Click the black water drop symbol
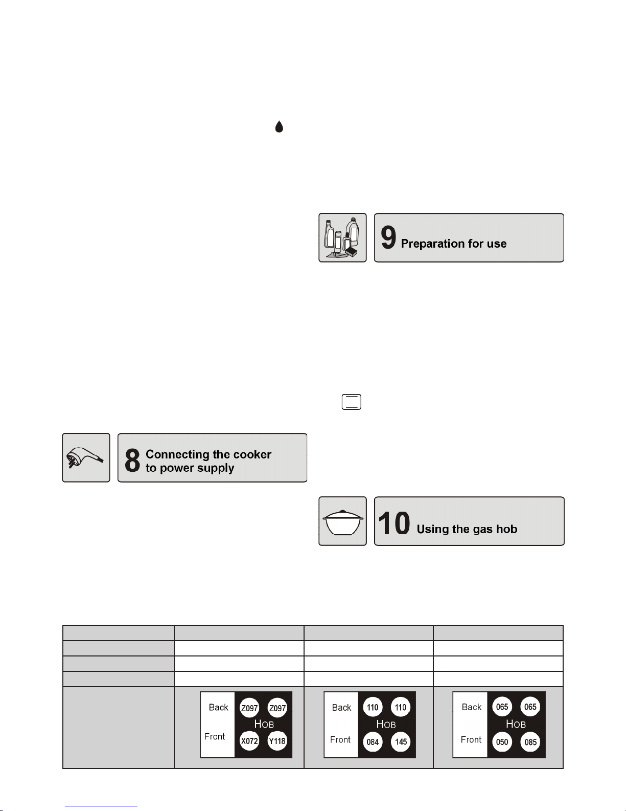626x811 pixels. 279,126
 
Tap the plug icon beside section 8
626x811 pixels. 86,457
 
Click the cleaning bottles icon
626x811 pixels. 342,237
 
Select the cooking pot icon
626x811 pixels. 342,521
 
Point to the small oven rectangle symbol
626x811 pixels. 351,402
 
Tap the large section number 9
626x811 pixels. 388,238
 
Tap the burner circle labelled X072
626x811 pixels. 249,741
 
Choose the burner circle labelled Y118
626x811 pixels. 277,741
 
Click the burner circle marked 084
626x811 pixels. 373,742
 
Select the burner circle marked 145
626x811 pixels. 401,742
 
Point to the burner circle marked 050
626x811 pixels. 502,742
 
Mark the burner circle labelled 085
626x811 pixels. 530,742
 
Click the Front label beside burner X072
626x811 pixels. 215,736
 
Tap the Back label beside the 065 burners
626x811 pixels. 472,707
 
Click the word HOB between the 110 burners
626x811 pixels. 386,724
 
